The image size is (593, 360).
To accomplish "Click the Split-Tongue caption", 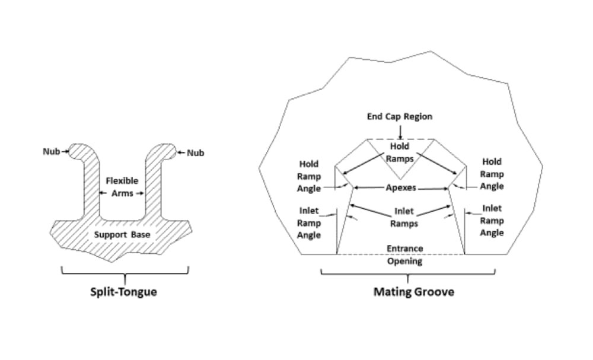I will pos(124,292).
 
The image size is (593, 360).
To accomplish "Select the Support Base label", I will pos(123,234).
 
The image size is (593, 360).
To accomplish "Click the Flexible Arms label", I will pos(123,186).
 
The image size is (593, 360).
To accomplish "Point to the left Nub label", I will pos(51,151).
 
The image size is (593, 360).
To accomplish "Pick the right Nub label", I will pos(196,153).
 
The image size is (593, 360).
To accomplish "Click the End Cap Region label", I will pos(400,116).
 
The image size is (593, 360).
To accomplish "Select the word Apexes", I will pos(401,188).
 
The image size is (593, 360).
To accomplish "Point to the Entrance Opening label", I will pos(404,255).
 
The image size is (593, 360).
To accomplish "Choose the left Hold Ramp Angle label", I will pos(309,176).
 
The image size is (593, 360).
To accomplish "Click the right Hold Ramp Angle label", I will pos(492,174).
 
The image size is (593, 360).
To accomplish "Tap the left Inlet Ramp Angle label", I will pos(309,223).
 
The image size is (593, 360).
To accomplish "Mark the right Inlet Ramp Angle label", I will pos(492,221).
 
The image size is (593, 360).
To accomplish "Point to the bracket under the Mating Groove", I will pos(408,273).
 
